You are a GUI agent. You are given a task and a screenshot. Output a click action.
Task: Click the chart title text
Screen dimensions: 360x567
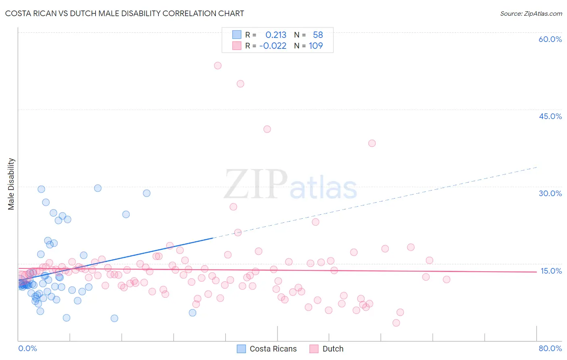tap(124, 13)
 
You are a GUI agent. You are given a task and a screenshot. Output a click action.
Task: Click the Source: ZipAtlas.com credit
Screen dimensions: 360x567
tap(531, 13)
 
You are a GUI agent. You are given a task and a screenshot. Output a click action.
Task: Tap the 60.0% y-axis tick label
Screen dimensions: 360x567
tap(550, 39)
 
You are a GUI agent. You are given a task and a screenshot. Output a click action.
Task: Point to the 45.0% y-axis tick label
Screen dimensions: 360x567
tap(550, 116)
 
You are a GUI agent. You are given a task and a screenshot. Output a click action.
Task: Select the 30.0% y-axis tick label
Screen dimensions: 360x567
tap(550, 193)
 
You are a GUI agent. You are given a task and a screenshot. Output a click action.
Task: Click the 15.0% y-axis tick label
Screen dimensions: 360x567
tap(551, 271)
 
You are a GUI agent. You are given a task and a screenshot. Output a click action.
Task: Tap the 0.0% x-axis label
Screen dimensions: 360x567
tap(27, 348)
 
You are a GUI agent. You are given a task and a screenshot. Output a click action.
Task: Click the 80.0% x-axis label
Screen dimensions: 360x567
tap(550, 348)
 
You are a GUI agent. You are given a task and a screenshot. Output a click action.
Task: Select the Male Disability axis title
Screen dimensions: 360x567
tap(11, 184)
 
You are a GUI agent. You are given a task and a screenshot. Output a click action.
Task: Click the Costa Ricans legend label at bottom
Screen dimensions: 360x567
tap(273, 349)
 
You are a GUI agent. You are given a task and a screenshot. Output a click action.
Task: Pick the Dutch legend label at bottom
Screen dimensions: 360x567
tap(333, 349)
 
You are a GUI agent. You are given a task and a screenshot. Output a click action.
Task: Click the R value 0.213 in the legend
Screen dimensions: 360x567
tap(276, 35)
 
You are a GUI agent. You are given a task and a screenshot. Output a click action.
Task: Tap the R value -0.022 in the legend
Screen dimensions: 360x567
tap(273, 46)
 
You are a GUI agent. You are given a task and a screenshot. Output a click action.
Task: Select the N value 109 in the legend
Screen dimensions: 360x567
tap(316, 46)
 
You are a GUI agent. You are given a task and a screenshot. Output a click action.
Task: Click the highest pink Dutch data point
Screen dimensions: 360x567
tap(218, 65)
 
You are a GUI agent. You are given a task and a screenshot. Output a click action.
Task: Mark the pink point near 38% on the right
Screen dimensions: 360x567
tap(372, 143)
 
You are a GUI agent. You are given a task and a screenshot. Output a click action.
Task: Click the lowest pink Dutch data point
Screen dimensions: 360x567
tap(396, 323)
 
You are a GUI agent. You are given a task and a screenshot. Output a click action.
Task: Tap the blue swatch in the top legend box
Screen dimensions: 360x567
tap(237, 35)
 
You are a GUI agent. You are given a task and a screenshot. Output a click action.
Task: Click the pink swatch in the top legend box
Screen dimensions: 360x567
tap(237, 46)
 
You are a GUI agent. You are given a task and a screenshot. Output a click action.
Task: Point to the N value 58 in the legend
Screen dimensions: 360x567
tap(318, 35)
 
